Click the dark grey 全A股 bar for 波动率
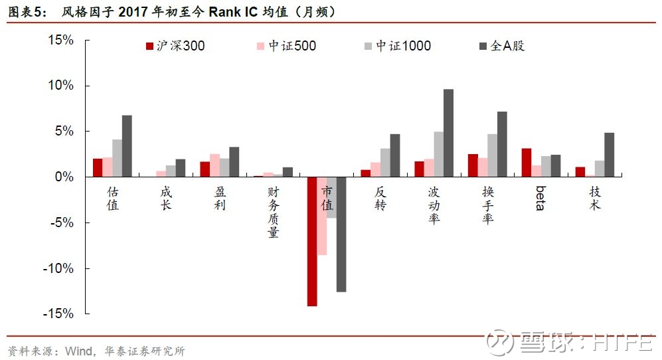pos(448,133)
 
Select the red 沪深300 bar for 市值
pos(312,241)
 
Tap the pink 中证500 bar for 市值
pos(322,216)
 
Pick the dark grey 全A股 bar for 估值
pos(127,145)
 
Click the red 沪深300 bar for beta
pos(527,163)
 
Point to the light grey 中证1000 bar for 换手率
pos(492,155)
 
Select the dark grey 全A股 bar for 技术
pos(610,155)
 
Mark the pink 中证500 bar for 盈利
pos(214,165)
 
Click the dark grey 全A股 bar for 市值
pos(341,234)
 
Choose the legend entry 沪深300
pos(175,46)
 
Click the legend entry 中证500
pos(287,46)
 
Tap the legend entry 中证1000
pos(398,46)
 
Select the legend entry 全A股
pos(502,46)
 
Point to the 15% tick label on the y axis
pos(61,40)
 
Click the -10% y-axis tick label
pos(58,268)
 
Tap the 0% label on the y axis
pos(64,177)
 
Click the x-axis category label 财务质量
pos(274,212)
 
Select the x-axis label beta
pos(540,198)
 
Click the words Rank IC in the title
pos(233,11)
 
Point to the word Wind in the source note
pos(79,351)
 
